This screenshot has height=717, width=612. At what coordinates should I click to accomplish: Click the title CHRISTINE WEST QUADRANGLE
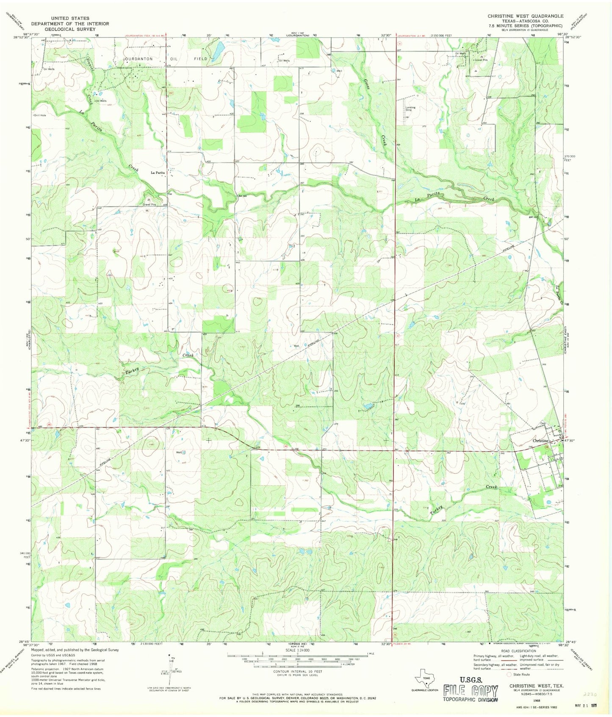coord(525,16)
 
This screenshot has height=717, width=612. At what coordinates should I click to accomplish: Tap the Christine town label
coord(540,441)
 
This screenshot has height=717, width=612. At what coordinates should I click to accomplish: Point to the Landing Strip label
coord(410,108)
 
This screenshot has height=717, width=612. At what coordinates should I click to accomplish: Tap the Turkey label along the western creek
coord(132,371)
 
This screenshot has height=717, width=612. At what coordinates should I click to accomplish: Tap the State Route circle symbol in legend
coord(510,674)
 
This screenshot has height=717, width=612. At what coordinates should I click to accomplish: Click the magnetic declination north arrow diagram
coord(170,670)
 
